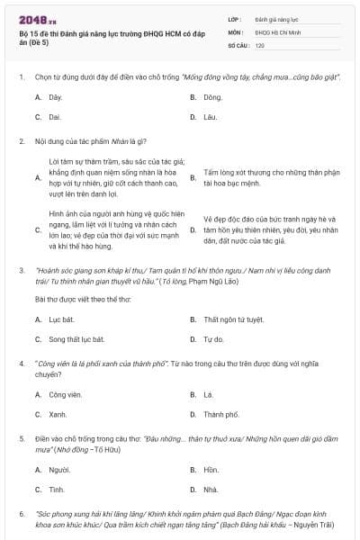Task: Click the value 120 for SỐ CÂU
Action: pyautogui.click(x=259, y=44)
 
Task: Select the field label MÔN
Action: pyautogui.click(x=235, y=31)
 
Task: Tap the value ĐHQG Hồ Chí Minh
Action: pyautogui.click(x=274, y=31)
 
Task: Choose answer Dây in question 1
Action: pyautogui.click(x=56, y=95)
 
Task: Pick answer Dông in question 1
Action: pyautogui.click(x=212, y=95)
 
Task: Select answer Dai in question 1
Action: pyautogui.click(x=55, y=117)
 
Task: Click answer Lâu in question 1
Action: pyautogui.click(x=211, y=117)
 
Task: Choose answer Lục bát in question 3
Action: pyautogui.click(x=60, y=319)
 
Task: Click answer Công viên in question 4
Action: pyautogui.click(x=64, y=394)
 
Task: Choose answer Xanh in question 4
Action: pyautogui.click(x=58, y=415)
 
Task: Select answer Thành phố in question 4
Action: pyautogui.click(x=221, y=415)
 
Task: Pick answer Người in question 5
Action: pyautogui.click(x=59, y=470)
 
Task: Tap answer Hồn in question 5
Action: pyautogui.click(x=211, y=470)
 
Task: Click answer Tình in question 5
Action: pyautogui.click(x=57, y=490)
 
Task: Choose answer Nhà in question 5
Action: pyautogui.click(x=211, y=490)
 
